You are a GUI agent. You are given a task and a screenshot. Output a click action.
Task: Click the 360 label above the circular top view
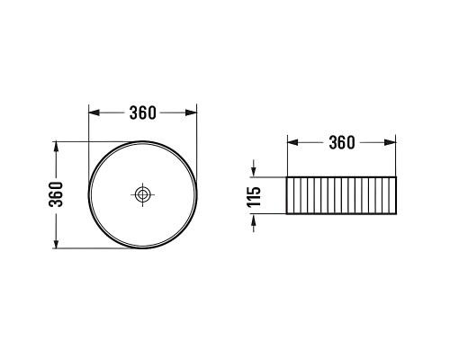click(143, 112)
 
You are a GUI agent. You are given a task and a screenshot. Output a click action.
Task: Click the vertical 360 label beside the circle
click(56, 194)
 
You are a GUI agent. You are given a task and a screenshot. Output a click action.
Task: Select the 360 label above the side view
click(342, 142)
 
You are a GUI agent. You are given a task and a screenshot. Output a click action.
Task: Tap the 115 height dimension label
click(254, 197)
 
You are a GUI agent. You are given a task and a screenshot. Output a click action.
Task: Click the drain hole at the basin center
click(142, 194)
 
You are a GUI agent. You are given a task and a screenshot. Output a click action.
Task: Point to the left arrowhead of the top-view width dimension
click(94, 112)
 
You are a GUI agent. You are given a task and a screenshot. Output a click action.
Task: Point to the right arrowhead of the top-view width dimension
click(192, 112)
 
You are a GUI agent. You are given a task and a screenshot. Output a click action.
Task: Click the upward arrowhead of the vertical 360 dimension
click(56, 147)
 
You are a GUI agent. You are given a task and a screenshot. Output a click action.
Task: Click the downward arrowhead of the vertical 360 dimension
click(56, 243)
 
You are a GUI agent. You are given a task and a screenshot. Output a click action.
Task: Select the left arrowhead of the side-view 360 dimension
click(292, 142)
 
